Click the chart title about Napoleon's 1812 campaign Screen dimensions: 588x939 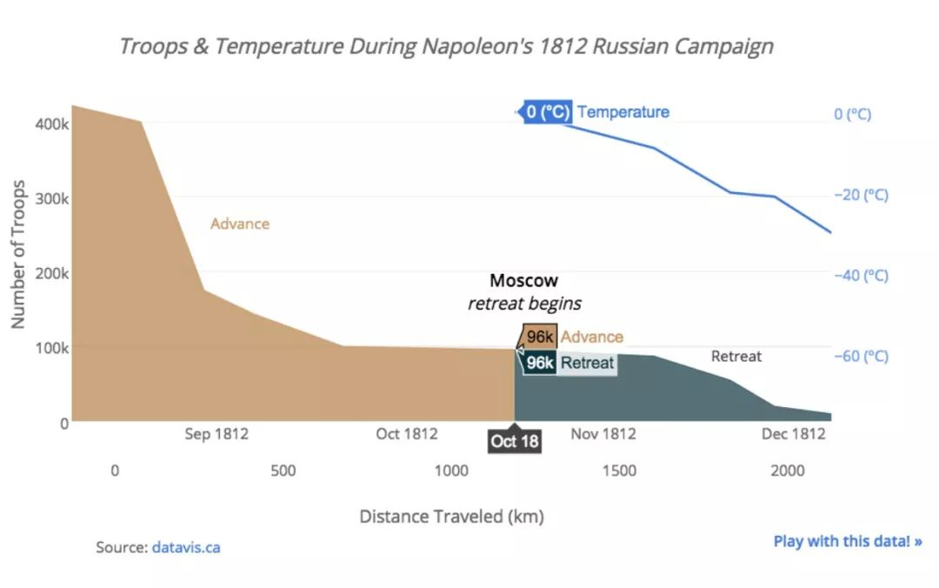445,46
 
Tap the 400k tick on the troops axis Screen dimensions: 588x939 51,124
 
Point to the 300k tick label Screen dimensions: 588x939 51,199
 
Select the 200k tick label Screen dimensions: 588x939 51,273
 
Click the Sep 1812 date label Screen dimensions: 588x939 216,434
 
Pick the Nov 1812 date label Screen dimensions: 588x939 603,434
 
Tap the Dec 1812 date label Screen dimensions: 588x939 793,434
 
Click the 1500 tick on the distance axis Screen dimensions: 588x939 619,471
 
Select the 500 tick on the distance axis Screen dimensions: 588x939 283,471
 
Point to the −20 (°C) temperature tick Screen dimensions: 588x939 861,195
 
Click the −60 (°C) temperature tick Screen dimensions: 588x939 861,356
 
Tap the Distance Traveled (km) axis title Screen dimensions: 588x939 451,517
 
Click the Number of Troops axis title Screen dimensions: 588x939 18,254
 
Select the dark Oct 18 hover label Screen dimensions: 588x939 515,442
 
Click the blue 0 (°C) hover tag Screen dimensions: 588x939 548,112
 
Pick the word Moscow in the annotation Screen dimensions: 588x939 523,281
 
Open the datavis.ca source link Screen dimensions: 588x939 186,548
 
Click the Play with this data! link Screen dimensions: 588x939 848,541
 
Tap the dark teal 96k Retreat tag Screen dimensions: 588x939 540,363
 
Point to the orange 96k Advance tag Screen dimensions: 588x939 540,337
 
